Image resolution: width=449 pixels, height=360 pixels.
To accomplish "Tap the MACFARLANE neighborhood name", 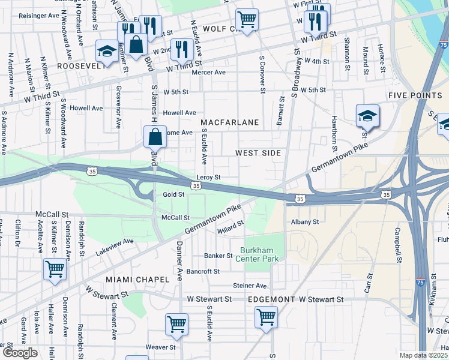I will pos(234,122).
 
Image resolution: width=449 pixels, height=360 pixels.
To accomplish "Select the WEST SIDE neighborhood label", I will pos(258,153).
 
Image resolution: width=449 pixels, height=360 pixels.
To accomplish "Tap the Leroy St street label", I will pos(209,178).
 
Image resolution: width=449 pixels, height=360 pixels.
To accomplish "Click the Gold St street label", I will pos(173,195).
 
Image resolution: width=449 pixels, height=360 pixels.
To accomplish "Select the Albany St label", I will pos(305,222).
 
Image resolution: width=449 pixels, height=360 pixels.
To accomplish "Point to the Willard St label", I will pos(231,227).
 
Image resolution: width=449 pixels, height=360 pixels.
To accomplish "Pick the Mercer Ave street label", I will pos(208,72).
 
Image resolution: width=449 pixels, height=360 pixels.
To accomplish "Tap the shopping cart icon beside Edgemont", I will pos(266,316).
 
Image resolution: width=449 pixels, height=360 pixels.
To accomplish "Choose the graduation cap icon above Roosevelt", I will pos(107,51).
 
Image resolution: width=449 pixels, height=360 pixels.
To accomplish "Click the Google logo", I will pos(19,353).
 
